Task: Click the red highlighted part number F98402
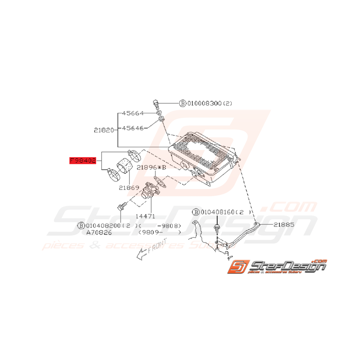click(82, 160)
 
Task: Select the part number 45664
click(133, 113)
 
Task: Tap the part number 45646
click(133, 127)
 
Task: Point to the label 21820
click(104, 131)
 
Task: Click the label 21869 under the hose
click(129, 188)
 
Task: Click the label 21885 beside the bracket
click(284, 224)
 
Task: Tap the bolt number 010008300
click(204, 103)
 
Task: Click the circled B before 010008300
click(182, 103)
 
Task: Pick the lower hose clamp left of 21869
click(114, 175)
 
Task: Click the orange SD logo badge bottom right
click(236, 267)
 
